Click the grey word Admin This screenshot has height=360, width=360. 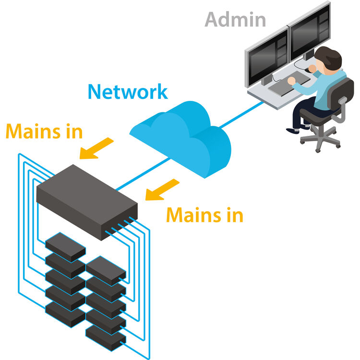(235, 19)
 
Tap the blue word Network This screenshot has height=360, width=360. (128, 91)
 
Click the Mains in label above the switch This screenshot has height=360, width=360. (44, 131)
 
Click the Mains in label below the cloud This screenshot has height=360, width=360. (204, 215)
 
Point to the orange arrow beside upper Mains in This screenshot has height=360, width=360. (96, 148)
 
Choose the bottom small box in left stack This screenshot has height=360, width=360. (65, 314)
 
